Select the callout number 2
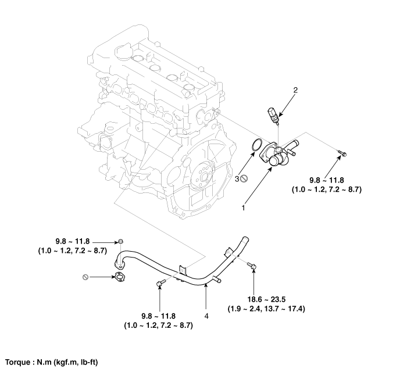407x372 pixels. click(x=295, y=90)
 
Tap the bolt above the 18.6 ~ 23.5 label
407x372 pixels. click(x=252, y=266)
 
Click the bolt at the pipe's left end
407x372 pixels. click(x=121, y=241)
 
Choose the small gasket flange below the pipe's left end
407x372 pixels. click(x=121, y=277)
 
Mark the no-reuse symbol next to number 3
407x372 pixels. click(x=245, y=180)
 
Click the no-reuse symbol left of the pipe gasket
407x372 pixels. click(x=86, y=277)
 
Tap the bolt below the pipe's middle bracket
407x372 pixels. click(x=159, y=283)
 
